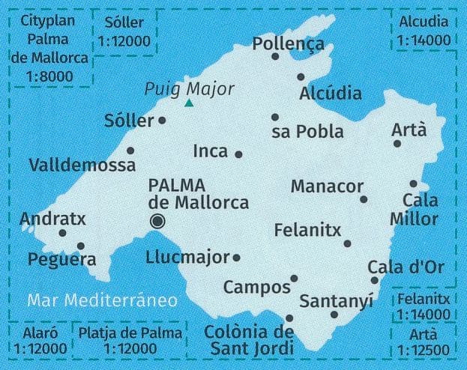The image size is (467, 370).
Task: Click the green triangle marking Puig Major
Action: [190, 103]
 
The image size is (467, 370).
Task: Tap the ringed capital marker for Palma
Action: [157, 220]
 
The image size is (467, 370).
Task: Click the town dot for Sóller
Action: [162, 120]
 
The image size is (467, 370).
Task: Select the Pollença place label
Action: [288, 43]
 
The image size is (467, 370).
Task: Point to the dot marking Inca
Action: [238, 154]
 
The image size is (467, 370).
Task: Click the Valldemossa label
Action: [82, 165]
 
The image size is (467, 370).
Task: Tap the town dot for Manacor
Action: [364, 199]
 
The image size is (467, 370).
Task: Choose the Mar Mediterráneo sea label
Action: [102, 300]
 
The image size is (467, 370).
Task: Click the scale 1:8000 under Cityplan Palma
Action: [49, 76]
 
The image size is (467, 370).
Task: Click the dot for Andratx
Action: [62, 233]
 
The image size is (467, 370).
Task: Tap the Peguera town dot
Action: [81, 246]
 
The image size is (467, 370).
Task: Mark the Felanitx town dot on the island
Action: [347, 243]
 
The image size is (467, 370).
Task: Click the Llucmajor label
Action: [188, 258]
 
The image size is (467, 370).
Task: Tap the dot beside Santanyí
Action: [334, 314]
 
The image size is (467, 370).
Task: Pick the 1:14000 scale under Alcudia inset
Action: [424, 40]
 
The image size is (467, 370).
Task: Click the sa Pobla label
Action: [307, 133]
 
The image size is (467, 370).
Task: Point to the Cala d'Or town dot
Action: [375, 280]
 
